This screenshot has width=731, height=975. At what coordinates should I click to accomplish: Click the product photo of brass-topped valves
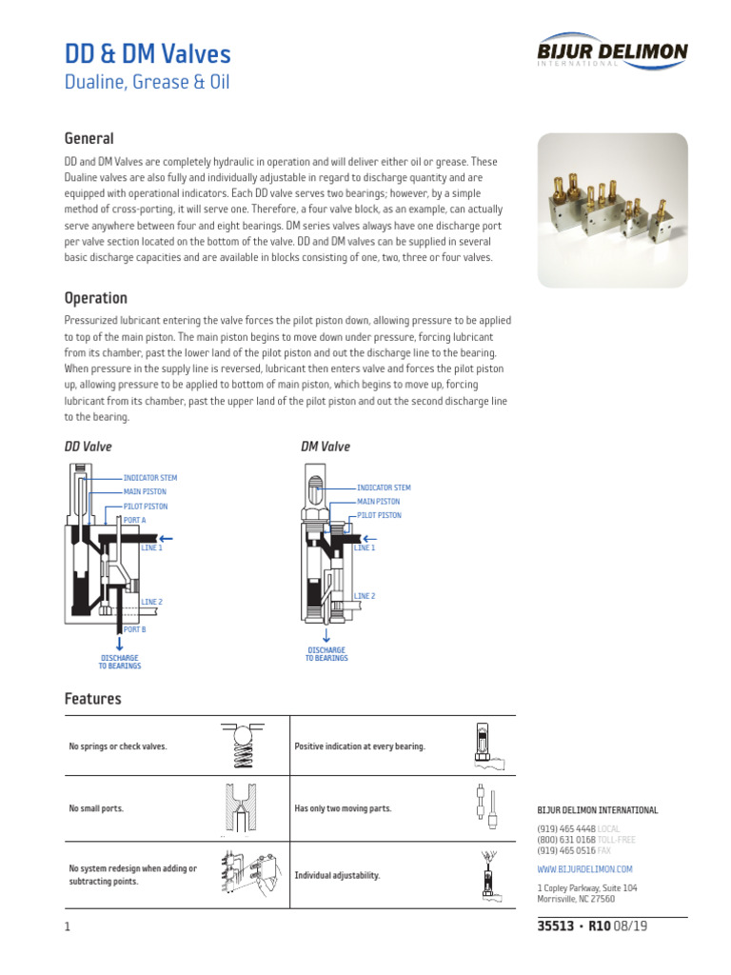pyautogui.click(x=612, y=209)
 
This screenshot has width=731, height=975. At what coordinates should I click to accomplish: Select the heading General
pyautogui.click(x=89, y=139)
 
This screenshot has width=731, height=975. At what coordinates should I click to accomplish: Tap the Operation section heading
pyautogui.click(x=95, y=298)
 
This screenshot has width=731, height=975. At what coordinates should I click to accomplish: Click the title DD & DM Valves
pyautogui.click(x=147, y=54)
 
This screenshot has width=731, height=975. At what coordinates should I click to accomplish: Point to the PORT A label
pyautogui.click(x=134, y=520)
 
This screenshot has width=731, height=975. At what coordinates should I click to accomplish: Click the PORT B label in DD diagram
pyautogui.click(x=134, y=629)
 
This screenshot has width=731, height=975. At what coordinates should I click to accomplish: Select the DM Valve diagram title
pyautogui.click(x=326, y=447)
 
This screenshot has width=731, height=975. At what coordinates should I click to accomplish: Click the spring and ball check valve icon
pyautogui.click(x=241, y=746)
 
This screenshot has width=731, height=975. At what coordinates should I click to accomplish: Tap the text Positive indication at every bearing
pyautogui.click(x=360, y=746)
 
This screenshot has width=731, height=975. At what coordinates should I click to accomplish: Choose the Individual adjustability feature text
pyautogui.click(x=337, y=875)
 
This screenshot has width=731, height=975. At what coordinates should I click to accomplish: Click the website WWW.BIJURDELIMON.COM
pyautogui.click(x=584, y=869)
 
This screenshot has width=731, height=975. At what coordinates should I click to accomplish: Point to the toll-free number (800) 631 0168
pyautogui.click(x=566, y=840)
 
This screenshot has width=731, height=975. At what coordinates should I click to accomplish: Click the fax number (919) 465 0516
pyautogui.click(x=566, y=850)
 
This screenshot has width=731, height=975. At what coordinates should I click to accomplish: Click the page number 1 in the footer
pyautogui.click(x=68, y=927)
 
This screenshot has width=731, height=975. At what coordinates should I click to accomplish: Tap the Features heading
pyautogui.click(x=92, y=699)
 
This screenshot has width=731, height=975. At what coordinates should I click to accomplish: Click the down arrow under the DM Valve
pyautogui.click(x=326, y=635)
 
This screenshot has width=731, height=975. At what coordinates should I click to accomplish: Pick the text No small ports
pyautogui.click(x=96, y=808)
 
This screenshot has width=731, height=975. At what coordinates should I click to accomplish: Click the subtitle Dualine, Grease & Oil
pyautogui.click(x=147, y=83)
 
